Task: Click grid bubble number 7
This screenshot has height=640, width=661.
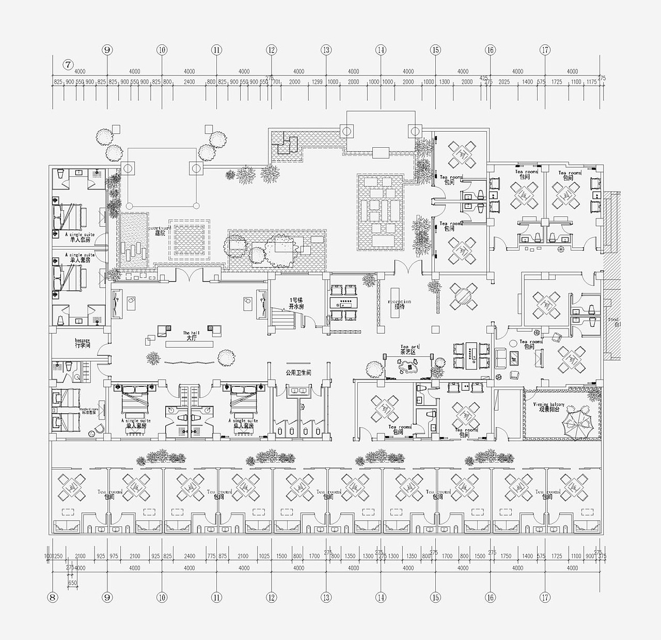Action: coord(68,65)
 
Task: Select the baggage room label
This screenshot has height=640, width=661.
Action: coord(83,343)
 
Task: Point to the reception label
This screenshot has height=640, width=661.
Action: coord(400,304)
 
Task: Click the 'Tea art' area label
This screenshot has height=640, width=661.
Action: coord(410,349)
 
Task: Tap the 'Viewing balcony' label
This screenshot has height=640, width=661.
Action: coord(549,407)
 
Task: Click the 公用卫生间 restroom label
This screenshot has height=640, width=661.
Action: coord(298,372)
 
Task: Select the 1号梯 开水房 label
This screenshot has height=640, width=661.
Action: coord(296,303)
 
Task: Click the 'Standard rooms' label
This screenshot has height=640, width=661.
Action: coord(89,411)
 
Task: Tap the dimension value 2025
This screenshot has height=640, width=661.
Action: coord(504,82)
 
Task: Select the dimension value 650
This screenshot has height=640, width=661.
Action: coord(72,583)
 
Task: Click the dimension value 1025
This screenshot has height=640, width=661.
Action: coord(264,556)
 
